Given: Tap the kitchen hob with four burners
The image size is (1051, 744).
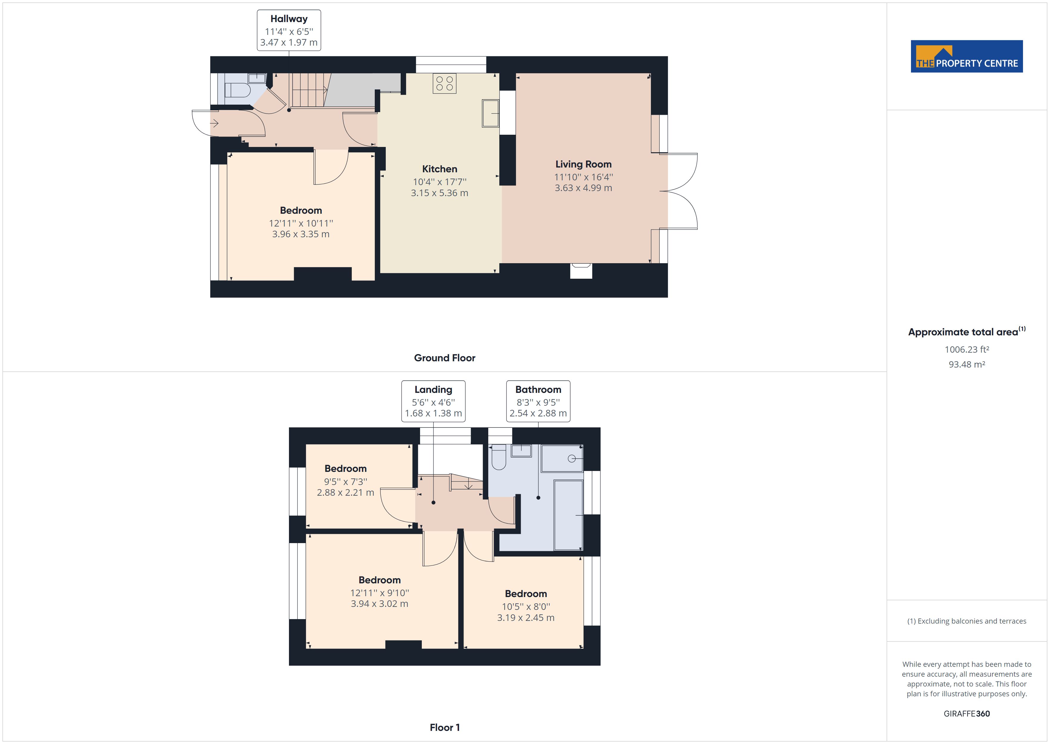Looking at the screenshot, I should (x=444, y=83).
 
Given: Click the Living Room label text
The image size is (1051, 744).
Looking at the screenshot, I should (x=583, y=164).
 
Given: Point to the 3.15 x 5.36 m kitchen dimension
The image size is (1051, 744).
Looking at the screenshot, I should (x=439, y=193).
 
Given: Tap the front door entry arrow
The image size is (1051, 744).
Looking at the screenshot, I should (x=214, y=123).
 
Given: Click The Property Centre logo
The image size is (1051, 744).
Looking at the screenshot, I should (x=966, y=56).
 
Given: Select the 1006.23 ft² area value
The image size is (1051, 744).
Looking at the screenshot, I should (x=966, y=350).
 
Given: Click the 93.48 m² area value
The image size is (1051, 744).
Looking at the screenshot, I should (x=966, y=365).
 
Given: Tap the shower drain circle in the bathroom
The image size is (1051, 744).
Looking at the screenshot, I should (x=571, y=458).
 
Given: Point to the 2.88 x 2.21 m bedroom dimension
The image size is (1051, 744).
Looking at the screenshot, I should (x=345, y=492).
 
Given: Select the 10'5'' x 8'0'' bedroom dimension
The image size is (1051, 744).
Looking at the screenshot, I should (x=525, y=607).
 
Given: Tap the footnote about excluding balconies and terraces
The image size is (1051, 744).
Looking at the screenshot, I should (x=966, y=621).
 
